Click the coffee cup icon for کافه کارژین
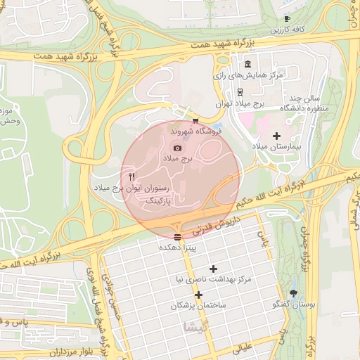click(286, 18)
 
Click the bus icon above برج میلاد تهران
click(240, 91)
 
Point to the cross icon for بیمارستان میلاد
click(276, 135)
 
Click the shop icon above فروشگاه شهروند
click(195, 121)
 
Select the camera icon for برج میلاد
click(177, 148)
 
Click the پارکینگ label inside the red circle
click(157, 201)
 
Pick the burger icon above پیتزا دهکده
click(177, 236)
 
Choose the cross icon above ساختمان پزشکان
click(199, 295)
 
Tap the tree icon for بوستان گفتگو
click(293, 293)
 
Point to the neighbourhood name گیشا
click(195, 328)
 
